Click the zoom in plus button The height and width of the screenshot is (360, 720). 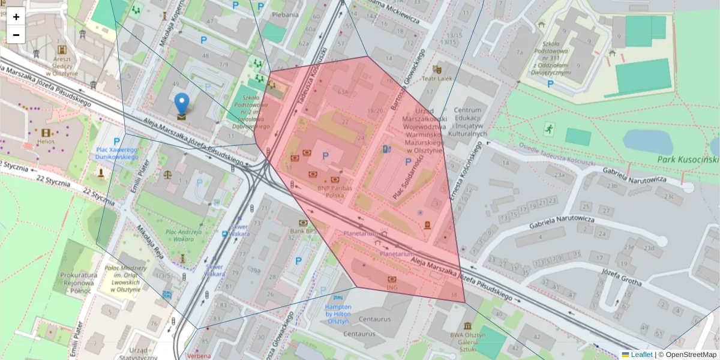coord(16,17)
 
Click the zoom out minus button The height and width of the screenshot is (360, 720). coord(16,35)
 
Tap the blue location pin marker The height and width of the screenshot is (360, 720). coord(181,105)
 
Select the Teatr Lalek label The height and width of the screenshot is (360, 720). coord(440,79)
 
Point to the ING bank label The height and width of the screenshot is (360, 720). coord(392,289)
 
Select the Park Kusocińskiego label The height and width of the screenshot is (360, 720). coord(687,160)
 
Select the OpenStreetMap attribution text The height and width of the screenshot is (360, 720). coord(691,355)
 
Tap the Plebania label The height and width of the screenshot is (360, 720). coord(284,14)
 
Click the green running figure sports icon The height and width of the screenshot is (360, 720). coord(548,128)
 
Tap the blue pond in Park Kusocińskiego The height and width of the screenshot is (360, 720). coord(648,142)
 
